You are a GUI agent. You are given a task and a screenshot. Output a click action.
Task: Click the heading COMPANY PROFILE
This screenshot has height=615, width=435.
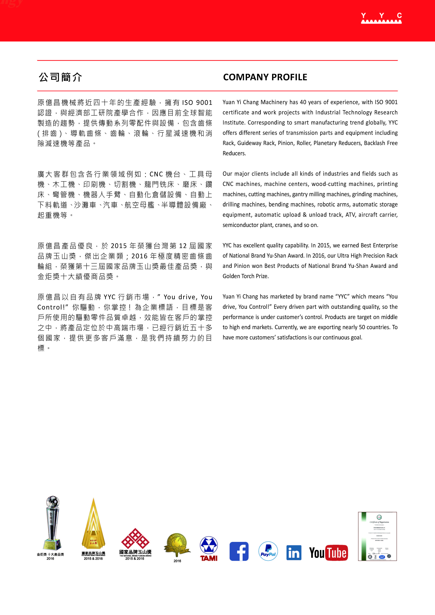(x=265, y=77)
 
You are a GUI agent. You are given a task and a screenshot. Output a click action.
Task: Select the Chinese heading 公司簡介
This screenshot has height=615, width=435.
(x=60, y=77)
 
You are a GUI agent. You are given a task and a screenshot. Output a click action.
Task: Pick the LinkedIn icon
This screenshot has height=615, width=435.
(x=294, y=552)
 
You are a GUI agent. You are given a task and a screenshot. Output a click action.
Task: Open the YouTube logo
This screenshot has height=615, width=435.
(x=328, y=552)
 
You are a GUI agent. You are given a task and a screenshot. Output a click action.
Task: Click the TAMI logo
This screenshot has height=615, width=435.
(x=209, y=549)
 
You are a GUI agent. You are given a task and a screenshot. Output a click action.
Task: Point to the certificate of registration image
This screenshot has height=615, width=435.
(x=377, y=536)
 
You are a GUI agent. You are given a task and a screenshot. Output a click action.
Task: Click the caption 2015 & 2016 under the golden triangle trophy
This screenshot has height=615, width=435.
(x=93, y=558)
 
